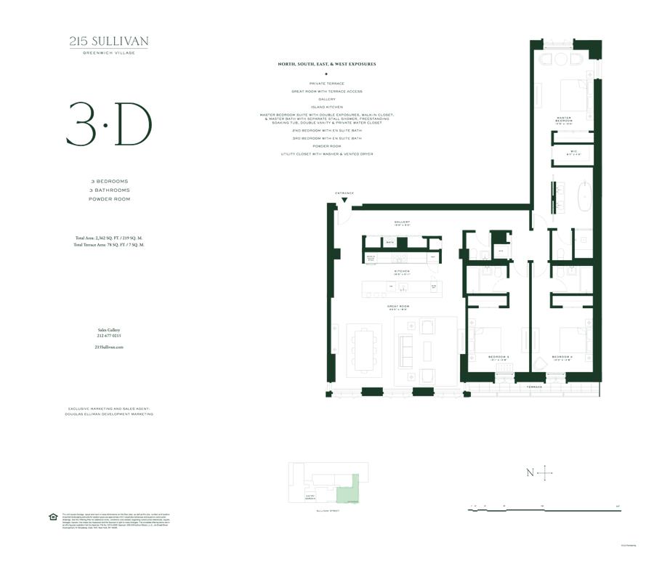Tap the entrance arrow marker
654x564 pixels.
coord(344,199)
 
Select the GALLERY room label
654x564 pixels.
coord(403,223)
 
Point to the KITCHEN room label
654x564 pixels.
coord(402,271)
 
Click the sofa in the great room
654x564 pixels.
coord(404,352)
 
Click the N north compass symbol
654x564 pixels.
coord(530,473)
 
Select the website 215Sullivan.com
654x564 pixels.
coord(109,347)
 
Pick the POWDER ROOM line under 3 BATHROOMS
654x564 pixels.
coord(109,198)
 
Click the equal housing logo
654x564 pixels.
coord(52,517)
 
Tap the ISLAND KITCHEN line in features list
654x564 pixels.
coord(326,107)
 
